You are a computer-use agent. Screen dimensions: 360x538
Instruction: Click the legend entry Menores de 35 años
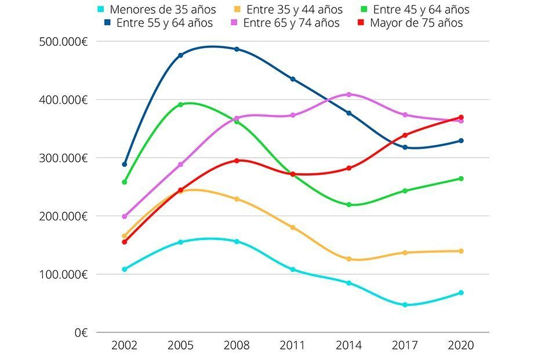click(x=162, y=10)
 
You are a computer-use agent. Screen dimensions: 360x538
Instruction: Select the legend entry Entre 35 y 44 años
click(x=294, y=10)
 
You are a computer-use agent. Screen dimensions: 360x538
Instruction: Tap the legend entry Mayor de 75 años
click(x=416, y=23)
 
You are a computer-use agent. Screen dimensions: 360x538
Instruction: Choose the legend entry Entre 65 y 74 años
click(x=291, y=23)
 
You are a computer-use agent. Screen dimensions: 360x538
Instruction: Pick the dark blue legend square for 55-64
click(x=108, y=23)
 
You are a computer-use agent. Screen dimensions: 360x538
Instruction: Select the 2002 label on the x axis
click(x=124, y=346)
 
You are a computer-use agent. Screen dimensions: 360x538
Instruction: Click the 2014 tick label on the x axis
click(x=349, y=346)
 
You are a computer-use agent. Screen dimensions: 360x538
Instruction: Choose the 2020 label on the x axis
click(x=461, y=346)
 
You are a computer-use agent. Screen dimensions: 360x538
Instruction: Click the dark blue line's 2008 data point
click(x=237, y=49)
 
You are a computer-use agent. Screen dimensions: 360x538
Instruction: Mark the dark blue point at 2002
click(x=124, y=165)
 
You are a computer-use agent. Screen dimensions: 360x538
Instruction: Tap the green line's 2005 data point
click(x=180, y=105)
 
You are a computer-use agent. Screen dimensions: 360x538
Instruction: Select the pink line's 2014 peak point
click(x=349, y=94)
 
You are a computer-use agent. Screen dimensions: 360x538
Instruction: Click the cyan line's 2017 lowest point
click(x=405, y=305)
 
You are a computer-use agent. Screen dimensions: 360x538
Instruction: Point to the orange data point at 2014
click(x=349, y=259)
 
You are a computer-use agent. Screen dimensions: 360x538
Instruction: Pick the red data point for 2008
click(x=237, y=161)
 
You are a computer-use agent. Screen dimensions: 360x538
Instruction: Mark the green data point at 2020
click(x=461, y=179)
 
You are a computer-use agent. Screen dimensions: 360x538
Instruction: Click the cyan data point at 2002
click(x=124, y=270)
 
